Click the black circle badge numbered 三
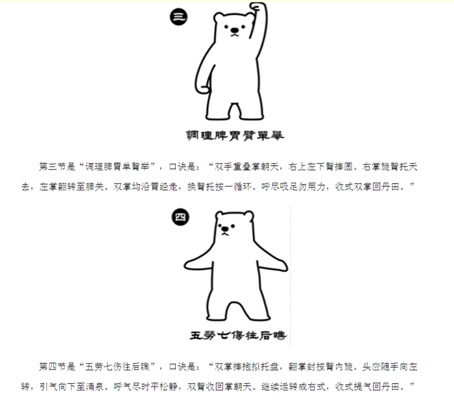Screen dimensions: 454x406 [x=178, y=16]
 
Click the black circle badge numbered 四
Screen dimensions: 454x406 [x=180, y=217]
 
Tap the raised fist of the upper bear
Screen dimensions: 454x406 [x=258, y=7]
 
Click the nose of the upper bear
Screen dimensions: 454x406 [x=235, y=30]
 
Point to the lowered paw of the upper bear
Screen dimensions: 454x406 [x=202, y=89]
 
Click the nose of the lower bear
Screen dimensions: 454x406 [x=224, y=229]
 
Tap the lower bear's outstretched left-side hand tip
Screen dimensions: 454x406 [x=185, y=265]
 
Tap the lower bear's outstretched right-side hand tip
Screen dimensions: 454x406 [x=285, y=266]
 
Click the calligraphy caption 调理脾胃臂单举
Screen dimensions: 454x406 [x=235, y=135]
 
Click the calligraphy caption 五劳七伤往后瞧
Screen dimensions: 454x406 [x=238, y=335]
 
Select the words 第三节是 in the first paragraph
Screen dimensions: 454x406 [x=57, y=166]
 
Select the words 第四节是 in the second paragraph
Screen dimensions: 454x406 [x=57, y=367]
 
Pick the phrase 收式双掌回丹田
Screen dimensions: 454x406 [x=368, y=186]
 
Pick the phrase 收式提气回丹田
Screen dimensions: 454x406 [x=368, y=387]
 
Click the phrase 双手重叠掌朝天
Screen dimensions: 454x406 [x=246, y=166]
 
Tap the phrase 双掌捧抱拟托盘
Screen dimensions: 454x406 [x=246, y=367]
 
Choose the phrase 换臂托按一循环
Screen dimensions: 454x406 [x=219, y=186]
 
